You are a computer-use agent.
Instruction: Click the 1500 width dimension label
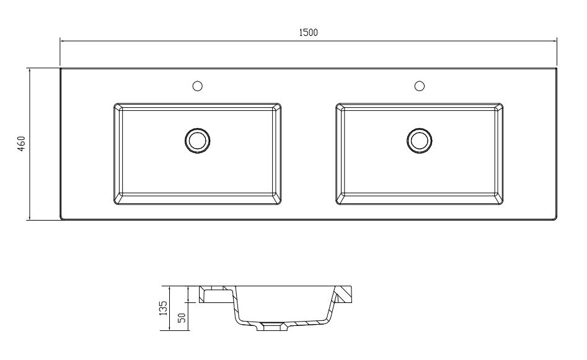click(309, 33)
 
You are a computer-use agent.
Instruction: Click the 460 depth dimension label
click(21, 144)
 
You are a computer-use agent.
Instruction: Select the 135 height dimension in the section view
click(164, 308)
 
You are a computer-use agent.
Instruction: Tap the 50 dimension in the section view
click(182, 318)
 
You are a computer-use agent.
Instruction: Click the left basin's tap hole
click(197, 86)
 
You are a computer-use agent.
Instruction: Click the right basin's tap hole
click(419, 86)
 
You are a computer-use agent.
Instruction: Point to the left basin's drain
click(197, 141)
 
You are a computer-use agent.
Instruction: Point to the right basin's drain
click(419, 141)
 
